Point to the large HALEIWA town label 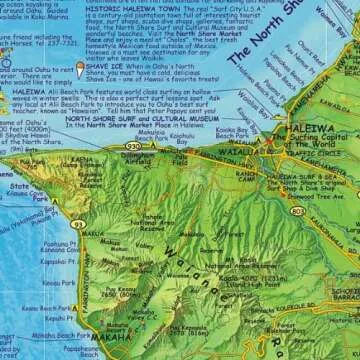click(x=290, y=143)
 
